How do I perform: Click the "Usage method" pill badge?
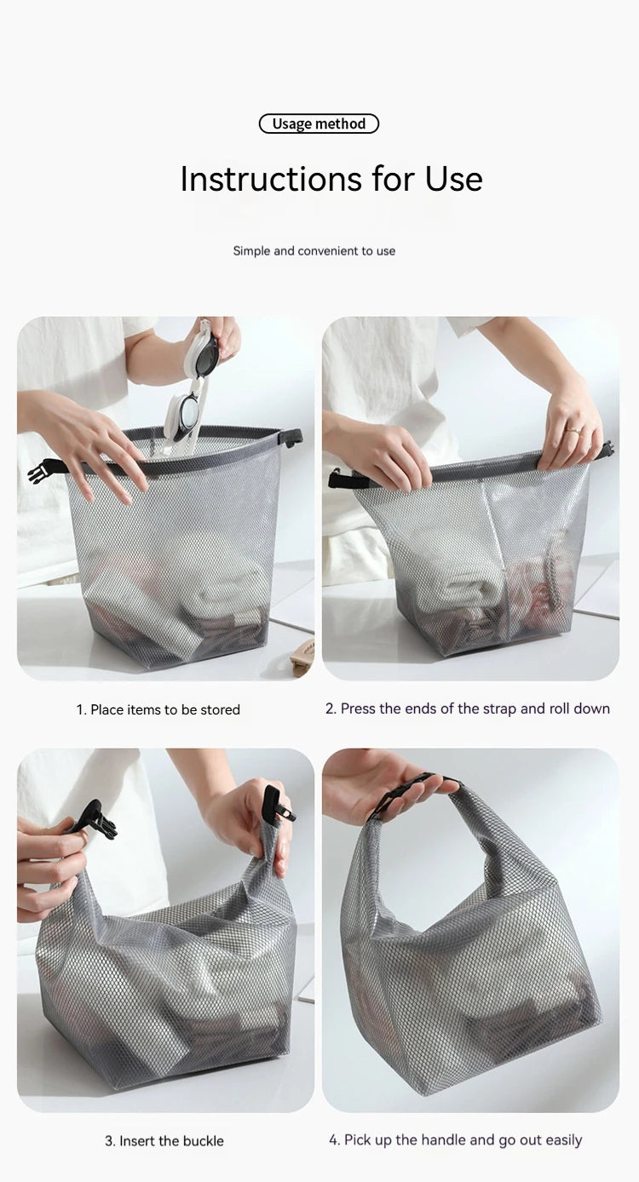[x=319, y=124]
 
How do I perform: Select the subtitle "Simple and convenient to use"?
[x=314, y=251]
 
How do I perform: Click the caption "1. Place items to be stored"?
[x=158, y=709]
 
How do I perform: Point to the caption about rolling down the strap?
[x=467, y=709]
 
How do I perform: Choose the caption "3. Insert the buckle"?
[x=164, y=1140]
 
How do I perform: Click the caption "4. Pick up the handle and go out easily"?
[x=456, y=1139]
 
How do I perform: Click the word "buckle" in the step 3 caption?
[x=204, y=1140]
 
